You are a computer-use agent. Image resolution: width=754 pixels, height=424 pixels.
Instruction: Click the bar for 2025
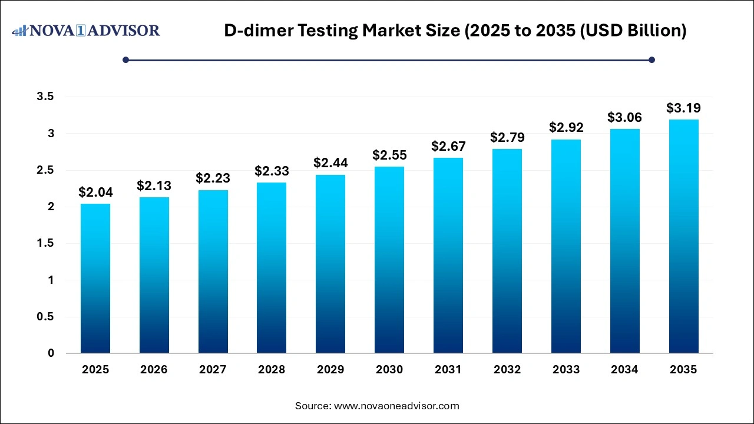point(95,279)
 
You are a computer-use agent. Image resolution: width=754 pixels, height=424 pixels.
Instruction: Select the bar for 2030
point(389,260)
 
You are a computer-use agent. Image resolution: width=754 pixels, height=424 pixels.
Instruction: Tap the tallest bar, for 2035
point(683,236)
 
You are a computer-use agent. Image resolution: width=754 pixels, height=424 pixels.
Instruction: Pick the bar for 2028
point(272,268)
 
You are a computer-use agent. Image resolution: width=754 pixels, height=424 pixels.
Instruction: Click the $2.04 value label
point(95,192)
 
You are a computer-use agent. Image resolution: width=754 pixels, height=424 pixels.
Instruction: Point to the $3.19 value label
point(683,108)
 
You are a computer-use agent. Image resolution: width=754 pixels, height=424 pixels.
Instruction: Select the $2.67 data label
point(448,146)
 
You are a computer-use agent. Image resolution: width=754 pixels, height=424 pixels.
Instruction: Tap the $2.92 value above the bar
point(565,127)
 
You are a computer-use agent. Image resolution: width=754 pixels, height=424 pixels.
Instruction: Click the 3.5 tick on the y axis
point(45,97)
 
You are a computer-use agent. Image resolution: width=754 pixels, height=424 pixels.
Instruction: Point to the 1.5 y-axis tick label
point(45,243)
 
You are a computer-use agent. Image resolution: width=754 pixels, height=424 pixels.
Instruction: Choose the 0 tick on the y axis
point(51,353)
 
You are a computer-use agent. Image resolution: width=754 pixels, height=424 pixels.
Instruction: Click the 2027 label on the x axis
point(213,370)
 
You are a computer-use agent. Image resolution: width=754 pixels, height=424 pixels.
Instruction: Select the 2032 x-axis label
point(507,370)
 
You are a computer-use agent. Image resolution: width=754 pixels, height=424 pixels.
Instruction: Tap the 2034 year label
point(624,370)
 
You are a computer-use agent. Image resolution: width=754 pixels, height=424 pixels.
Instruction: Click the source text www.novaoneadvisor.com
point(396,406)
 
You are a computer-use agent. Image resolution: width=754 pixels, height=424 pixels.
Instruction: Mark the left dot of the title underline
point(125,59)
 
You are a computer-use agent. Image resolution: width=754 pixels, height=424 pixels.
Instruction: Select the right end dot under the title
point(652,59)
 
